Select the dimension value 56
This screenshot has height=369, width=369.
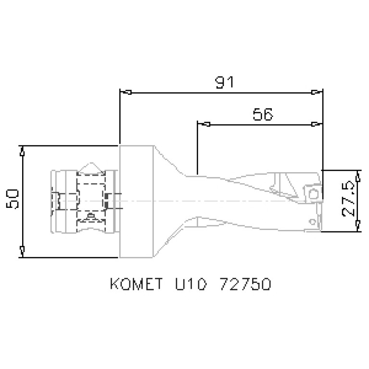point(262,115)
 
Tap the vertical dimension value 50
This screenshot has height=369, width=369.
point(13,199)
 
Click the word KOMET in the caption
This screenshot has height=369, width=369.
point(135,284)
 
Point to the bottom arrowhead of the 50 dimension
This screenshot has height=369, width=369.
point(23,251)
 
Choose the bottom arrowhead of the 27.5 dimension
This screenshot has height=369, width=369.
point(358,225)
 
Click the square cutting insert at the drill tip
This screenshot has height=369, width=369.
point(312,193)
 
